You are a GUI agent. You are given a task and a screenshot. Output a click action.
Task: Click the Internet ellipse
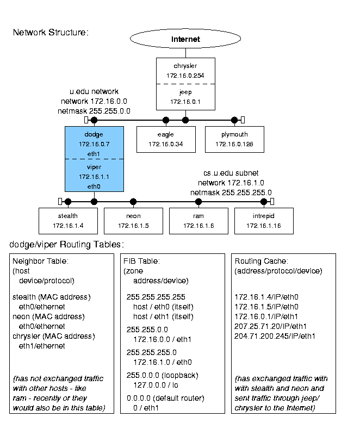185,39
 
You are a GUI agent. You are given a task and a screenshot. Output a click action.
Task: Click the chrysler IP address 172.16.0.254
185,76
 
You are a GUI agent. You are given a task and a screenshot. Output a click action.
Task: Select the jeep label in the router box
185,92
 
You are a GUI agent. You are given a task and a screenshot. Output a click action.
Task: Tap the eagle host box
166,139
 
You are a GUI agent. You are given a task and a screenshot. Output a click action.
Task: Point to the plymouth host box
234,139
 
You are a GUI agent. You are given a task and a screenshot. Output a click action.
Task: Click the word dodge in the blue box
94,134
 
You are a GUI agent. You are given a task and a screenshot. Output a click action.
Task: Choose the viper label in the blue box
94,167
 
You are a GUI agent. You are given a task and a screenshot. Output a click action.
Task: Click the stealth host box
68,221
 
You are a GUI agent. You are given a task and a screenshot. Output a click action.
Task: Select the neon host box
133,221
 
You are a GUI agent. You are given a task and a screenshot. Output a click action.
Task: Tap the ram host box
198,221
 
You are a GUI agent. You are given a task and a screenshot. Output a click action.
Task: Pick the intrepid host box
264,221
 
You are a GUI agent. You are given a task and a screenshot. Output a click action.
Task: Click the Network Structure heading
51,33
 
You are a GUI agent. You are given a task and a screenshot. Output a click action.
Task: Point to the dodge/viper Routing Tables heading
67,244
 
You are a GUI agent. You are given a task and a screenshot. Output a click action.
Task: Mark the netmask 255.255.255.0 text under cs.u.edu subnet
231,192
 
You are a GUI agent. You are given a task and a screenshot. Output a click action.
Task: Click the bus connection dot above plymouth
234,120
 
